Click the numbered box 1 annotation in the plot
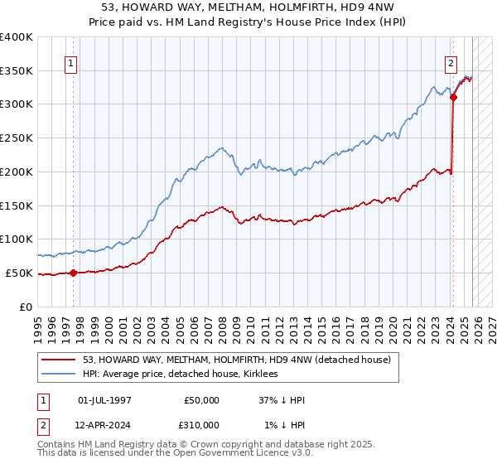pyautogui.click(x=71, y=63)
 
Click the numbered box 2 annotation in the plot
pyautogui.click(x=451, y=63)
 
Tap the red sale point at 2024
pyautogui.click(x=453, y=97)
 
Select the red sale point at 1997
pyautogui.click(x=73, y=273)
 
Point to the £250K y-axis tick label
pyautogui.click(x=17, y=138)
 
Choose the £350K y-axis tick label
pyautogui.click(x=17, y=70)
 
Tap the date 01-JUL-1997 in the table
pyautogui.click(x=104, y=400)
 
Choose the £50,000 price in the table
pyautogui.click(x=200, y=400)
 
